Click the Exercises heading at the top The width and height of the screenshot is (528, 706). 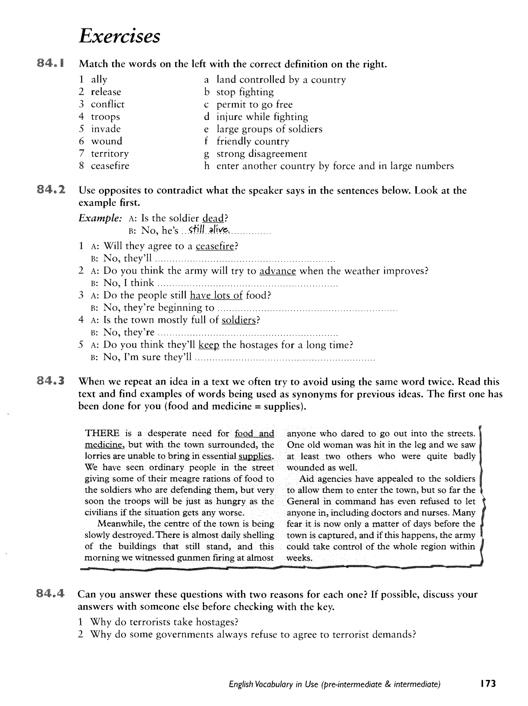click(x=119, y=36)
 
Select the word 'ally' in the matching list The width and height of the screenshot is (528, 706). click(x=99, y=79)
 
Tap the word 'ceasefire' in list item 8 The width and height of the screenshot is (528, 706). click(x=110, y=166)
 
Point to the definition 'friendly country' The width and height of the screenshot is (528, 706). click(x=253, y=141)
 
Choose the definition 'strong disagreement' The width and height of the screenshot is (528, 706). click(x=262, y=154)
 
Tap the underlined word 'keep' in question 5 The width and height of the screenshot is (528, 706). click(x=209, y=345)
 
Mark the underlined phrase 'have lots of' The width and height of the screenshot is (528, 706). click(x=216, y=295)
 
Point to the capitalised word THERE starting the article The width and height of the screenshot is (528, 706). click(x=102, y=433)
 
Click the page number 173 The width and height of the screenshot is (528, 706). click(x=487, y=683)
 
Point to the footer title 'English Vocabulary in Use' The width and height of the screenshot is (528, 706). click(x=274, y=684)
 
